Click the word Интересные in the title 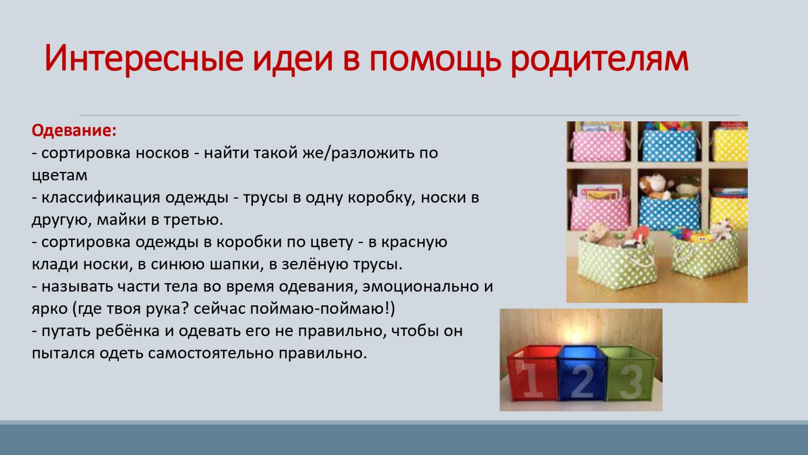pos(144,58)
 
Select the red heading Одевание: pos(74,131)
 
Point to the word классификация pos(101,198)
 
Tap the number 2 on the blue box pos(582,381)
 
